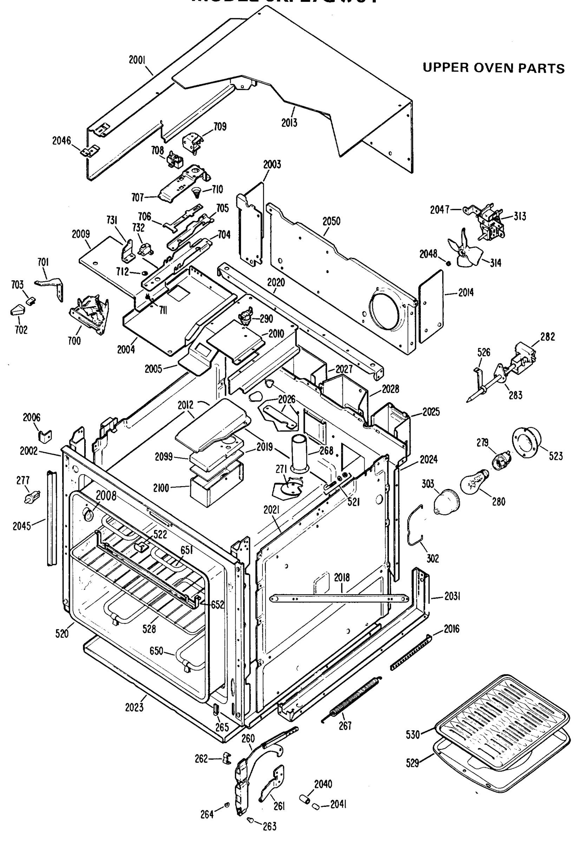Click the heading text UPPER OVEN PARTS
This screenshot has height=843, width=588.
[493, 68]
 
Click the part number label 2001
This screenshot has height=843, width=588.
[137, 60]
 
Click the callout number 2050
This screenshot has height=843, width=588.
[331, 221]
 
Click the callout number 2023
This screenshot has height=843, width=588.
[134, 707]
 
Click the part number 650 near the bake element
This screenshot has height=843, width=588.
[156, 651]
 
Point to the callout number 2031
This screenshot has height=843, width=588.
[452, 596]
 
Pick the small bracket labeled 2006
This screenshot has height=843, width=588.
[45, 436]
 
